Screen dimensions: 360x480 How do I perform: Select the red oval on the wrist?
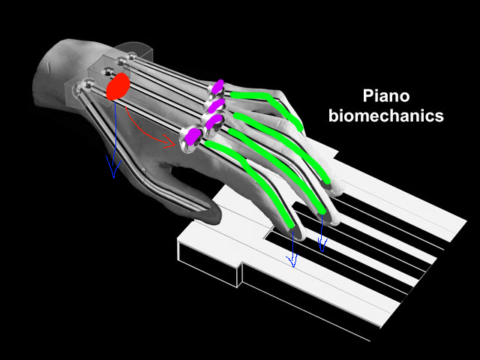[118, 86]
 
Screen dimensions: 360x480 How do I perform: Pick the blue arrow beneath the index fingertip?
[292, 247]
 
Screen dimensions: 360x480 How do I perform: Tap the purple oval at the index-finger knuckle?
[191, 135]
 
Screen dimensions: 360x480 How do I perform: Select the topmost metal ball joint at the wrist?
[132, 56]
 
